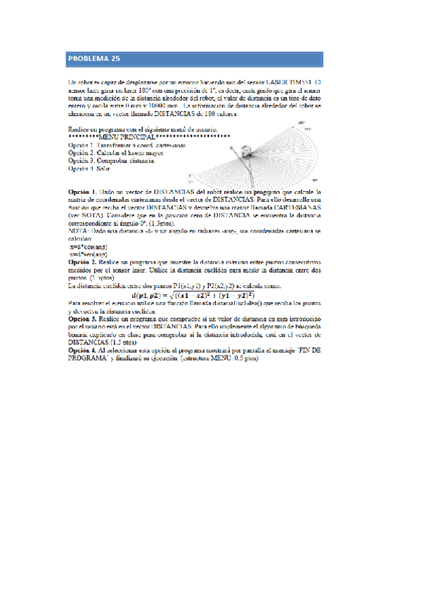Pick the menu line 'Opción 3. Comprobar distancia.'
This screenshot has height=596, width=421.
[112, 161]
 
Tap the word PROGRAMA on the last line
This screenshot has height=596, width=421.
[89, 357]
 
